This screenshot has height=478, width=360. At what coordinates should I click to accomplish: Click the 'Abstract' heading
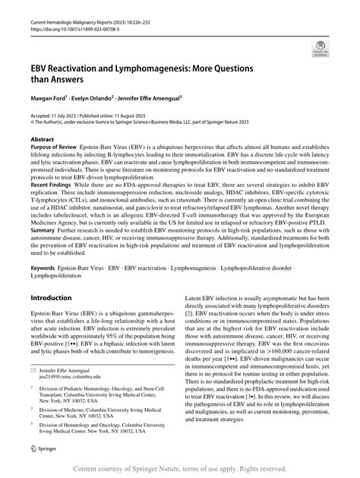[42, 140]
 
